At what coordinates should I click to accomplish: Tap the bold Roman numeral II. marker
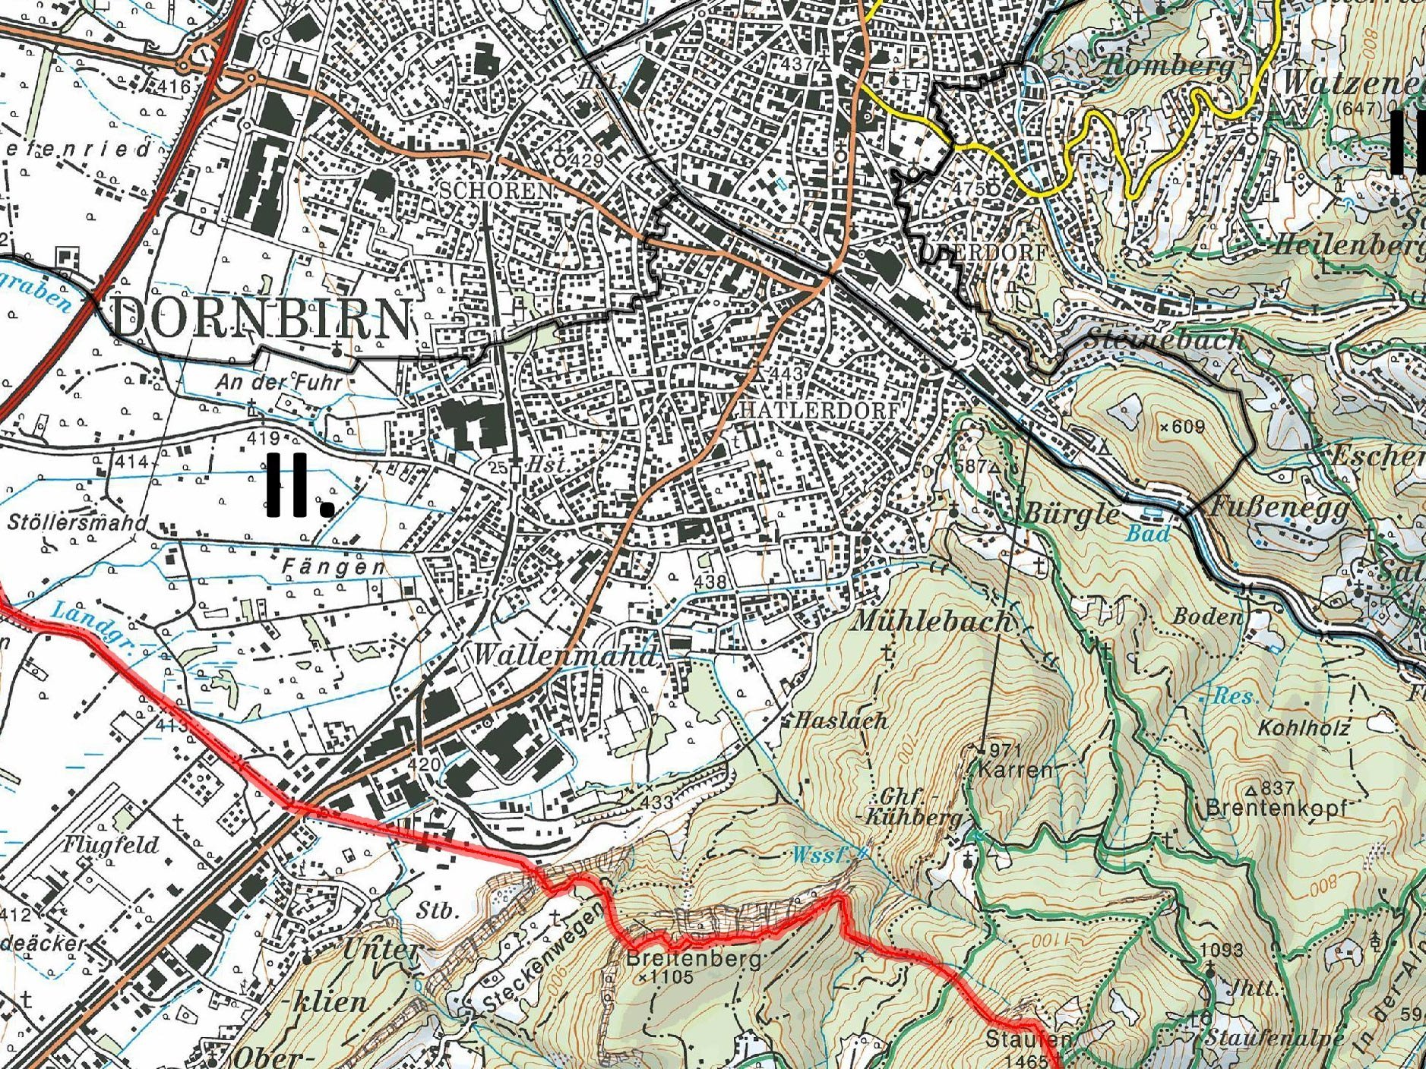(299, 486)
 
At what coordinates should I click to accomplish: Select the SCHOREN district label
(497, 190)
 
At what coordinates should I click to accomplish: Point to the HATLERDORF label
(819, 411)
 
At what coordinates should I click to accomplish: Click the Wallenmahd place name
(564, 654)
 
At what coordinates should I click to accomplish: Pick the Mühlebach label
(932, 622)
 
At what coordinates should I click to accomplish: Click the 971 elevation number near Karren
(1006, 749)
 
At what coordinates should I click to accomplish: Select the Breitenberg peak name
(693, 959)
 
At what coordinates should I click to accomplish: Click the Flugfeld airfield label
(111, 845)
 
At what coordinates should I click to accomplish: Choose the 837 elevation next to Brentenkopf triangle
(1279, 788)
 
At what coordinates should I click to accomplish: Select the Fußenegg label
(1277, 506)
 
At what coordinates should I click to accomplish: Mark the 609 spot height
(1187, 427)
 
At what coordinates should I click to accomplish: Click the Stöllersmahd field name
(77, 522)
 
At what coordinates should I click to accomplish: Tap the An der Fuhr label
(280, 381)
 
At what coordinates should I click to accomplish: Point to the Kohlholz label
(1304, 727)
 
